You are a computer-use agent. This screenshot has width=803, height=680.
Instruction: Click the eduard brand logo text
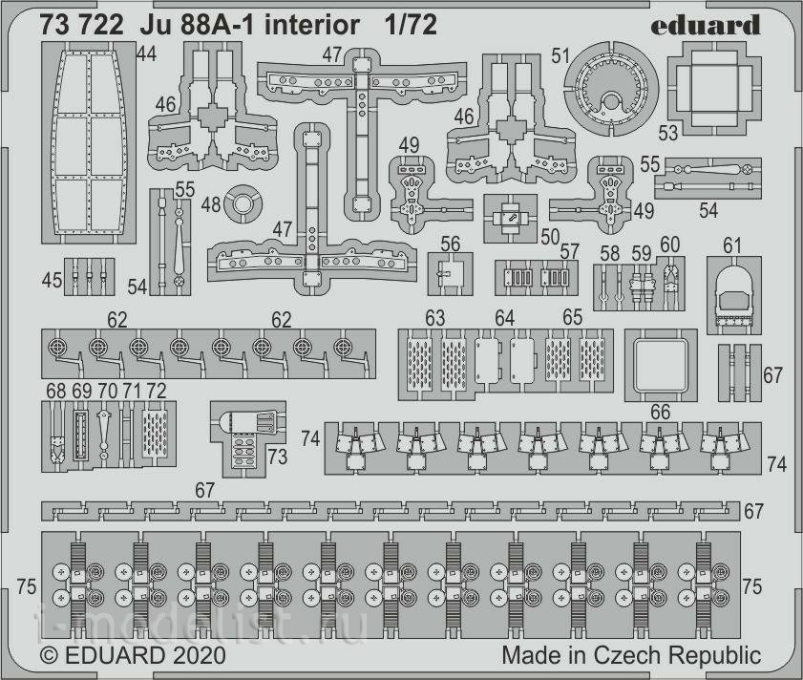(706, 26)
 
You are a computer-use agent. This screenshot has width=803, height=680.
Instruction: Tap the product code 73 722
(81, 26)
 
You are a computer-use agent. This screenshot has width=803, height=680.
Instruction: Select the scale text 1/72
(412, 26)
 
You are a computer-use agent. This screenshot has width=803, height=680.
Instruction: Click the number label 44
(146, 53)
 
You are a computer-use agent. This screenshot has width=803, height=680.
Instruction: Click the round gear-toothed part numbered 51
(611, 89)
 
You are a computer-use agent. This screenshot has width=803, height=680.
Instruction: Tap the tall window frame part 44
(89, 142)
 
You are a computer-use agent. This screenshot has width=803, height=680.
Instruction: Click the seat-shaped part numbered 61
(734, 295)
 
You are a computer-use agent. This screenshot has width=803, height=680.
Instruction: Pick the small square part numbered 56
(450, 273)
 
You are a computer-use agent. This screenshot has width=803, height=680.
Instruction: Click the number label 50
(550, 237)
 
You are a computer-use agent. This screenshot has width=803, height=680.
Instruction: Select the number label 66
(660, 412)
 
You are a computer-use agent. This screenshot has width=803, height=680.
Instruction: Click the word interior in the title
(311, 26)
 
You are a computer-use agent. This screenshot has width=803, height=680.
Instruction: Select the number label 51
(560, 55)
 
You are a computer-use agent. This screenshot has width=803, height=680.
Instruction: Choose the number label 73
(277, 457)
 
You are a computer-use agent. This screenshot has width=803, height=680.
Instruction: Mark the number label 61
(731, 246)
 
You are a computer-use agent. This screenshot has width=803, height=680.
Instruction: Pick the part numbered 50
(510, 219)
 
